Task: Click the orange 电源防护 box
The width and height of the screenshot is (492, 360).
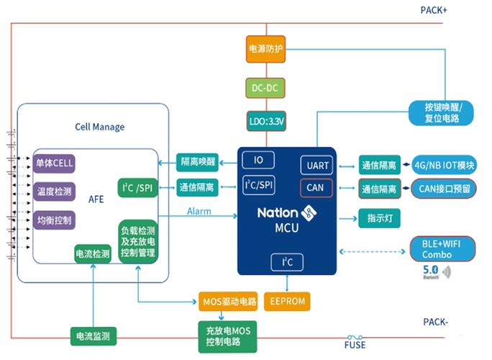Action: point(267,50)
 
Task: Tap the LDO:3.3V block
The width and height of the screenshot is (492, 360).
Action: point(267,122)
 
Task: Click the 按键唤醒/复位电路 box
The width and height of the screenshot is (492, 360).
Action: point(439,113)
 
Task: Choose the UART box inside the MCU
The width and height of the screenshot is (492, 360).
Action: point(317,165)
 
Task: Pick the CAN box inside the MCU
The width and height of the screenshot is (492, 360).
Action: point(317,189)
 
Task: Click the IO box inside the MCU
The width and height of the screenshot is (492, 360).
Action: point(258,160)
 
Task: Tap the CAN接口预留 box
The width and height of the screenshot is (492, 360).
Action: point(444,189)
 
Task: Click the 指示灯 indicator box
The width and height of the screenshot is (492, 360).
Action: point(378,218)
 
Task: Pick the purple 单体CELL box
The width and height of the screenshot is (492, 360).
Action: point(55,163)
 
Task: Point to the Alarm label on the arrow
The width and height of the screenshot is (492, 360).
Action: point(199,212)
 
